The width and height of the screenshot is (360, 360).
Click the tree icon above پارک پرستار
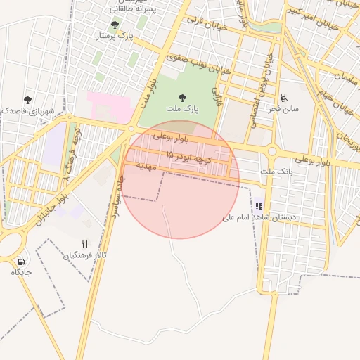(x=115, y=25)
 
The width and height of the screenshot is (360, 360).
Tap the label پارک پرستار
(x=114, y=35)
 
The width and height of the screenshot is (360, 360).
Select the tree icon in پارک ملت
(x=183, y=98)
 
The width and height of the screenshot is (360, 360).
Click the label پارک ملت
(x=183, y=110)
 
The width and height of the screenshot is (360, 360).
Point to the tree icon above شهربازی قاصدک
(x=27, y=100)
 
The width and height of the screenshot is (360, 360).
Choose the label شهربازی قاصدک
(x=27, y=110)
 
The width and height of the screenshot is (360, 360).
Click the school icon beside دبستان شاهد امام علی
(x=259, y=207)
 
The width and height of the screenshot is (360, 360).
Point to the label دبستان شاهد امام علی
(x=259, y=218)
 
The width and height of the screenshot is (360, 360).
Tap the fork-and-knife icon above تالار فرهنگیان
(x=85, y=245)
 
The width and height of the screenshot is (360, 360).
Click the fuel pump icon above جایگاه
(x=20, y=261)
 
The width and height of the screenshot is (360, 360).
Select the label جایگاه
(x=21, y=272)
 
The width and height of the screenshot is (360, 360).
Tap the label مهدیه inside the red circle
(x=143, y=167)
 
